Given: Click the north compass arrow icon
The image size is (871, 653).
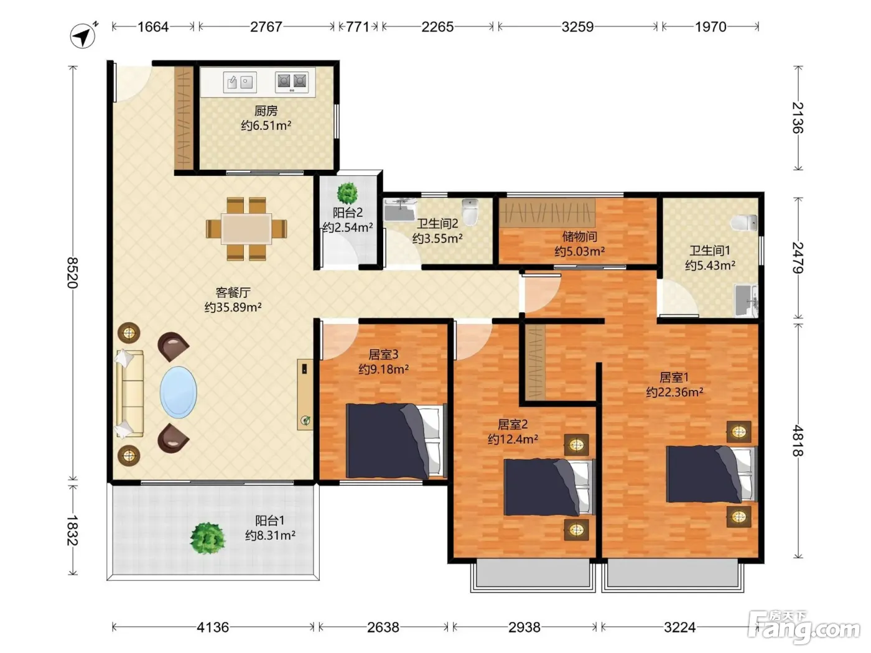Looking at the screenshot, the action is coord(83,36).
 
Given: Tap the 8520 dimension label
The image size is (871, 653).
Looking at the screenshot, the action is coord(73,273).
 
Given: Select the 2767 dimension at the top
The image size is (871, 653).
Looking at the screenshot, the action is coord(266,27).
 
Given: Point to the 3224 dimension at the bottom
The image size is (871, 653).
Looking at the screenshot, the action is coord(680,627).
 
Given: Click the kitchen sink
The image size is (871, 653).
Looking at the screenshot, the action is coord(240,82).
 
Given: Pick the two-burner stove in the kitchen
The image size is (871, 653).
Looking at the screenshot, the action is coord(292,82).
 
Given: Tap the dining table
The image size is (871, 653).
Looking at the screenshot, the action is coord(246,229).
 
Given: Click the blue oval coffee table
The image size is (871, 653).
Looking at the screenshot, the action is coord(178,392).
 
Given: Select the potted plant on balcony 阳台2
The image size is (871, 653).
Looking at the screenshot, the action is coord(347,193).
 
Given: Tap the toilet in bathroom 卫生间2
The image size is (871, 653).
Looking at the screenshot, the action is coord(470,211).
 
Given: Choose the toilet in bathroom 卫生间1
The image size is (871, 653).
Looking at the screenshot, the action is coord(744,223).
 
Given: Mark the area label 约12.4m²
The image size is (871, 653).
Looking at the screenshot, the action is coord(513,439).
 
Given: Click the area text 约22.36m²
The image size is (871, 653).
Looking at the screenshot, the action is coord(674,392).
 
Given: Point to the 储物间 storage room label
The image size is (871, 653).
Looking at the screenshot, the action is coord(579,237).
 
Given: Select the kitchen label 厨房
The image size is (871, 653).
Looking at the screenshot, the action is coord(266,111).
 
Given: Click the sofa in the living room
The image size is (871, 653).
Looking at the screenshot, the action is coord(130,394).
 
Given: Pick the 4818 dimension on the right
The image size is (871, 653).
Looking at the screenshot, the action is coord(798,441).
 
